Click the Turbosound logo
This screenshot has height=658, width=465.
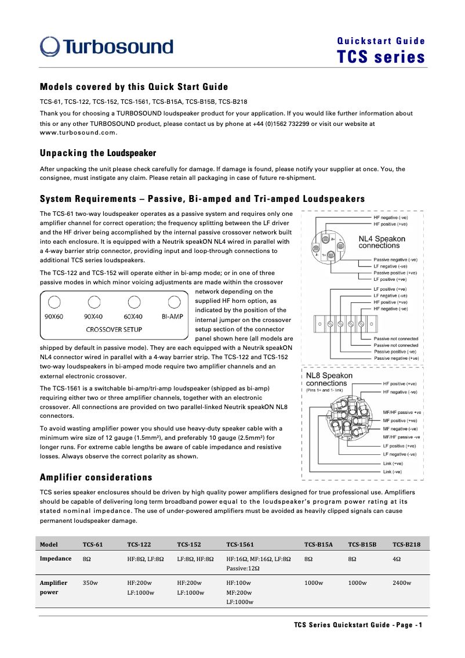click(106, 47)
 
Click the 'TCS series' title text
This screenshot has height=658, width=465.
click(381, 57)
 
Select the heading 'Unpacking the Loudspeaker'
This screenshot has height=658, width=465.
click(98, 153)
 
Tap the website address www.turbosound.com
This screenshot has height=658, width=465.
click(78, 132)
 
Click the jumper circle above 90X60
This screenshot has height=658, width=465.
click(54, 302)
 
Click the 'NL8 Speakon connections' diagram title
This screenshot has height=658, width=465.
click(329, 379)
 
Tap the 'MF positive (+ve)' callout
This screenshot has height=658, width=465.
click(401, 420)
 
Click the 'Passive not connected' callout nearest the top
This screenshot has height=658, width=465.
click(395, 339)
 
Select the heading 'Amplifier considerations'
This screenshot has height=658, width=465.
click(96, 477)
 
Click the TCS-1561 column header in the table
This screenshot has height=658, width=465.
click(239, 544)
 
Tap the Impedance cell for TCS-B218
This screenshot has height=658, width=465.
click(397, 558)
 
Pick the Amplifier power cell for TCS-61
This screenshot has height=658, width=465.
click(90, 583)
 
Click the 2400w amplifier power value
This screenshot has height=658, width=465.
click(402, 583)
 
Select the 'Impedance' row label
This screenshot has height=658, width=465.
click(55, 558)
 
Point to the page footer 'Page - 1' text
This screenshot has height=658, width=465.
click(409, 625)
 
